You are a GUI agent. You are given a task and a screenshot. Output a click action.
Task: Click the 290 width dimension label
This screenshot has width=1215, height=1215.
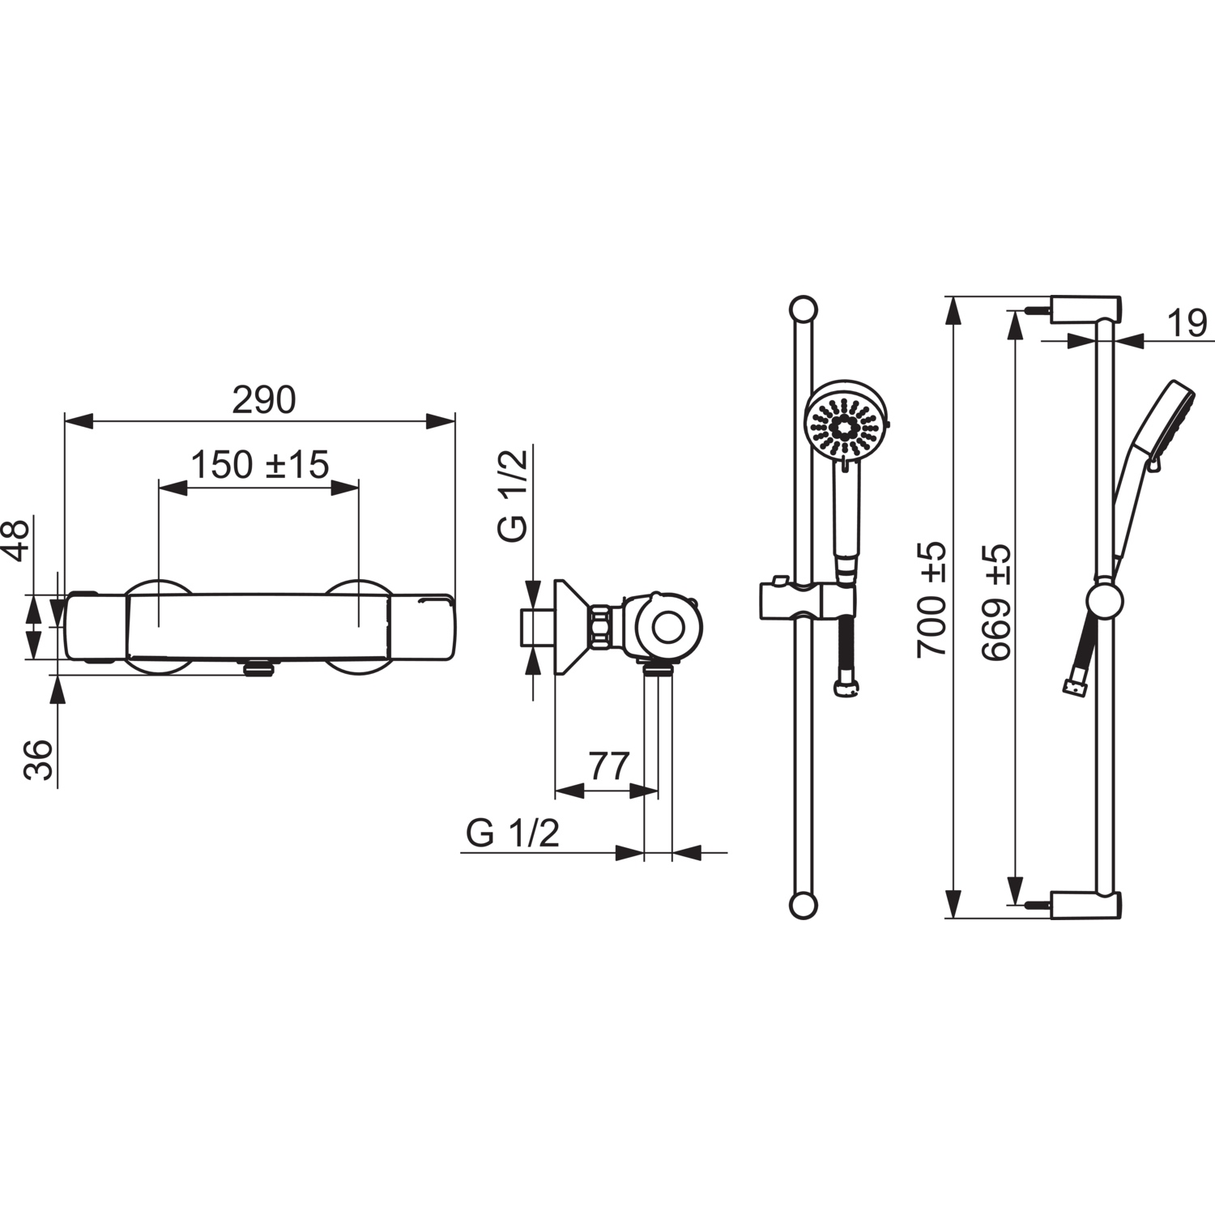pos(264,400)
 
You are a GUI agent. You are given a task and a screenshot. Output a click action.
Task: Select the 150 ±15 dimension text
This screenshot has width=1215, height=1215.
pos(259,465)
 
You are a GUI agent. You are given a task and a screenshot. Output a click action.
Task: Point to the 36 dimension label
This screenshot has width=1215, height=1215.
pos(38,760)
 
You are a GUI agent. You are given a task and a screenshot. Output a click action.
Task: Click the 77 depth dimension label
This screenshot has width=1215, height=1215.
pos(608,765)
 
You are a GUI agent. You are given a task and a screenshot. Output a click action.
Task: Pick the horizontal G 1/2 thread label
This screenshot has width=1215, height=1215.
pos(513,833)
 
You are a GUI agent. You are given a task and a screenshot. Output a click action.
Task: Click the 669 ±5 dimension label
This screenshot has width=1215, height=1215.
pos(996,602)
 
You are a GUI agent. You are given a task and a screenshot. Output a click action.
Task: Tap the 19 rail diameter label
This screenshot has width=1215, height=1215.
pos(1187,324)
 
